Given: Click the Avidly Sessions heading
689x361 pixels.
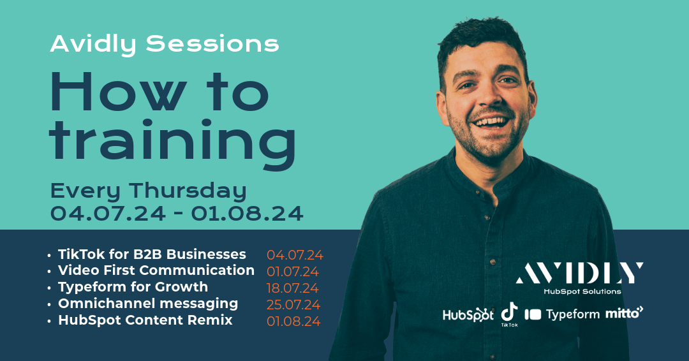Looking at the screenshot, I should [x=165, y=44].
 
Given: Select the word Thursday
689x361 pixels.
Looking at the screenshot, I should [x=189, y=191].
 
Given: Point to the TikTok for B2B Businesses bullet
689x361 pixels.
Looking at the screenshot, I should [x=152, y=254].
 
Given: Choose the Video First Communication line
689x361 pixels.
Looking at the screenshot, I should [x=156, y=270].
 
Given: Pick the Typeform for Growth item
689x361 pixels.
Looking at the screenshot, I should [x=133, y=287].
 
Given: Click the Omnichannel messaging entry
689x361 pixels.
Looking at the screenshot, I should [x=148, y=304].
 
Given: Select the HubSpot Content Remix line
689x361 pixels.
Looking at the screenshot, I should [x=145, y=320].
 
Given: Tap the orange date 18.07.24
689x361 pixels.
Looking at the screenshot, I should [x=293, y=288].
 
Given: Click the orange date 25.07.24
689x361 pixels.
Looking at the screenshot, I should [x=293, y=305].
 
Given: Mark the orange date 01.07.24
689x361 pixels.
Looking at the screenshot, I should [x=293, y=272].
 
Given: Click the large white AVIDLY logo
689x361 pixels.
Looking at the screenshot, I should [x=579, y=273].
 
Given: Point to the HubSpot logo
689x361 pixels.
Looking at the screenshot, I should [x=468, y=314].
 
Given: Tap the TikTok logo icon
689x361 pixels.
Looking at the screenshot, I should [x=509, y=312].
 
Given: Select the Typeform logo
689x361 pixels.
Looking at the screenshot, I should [x=562, y=314].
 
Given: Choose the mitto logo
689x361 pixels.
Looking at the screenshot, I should [x=624, y=313].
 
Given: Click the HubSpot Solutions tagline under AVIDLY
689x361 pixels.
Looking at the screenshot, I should [x=581, y=291].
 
